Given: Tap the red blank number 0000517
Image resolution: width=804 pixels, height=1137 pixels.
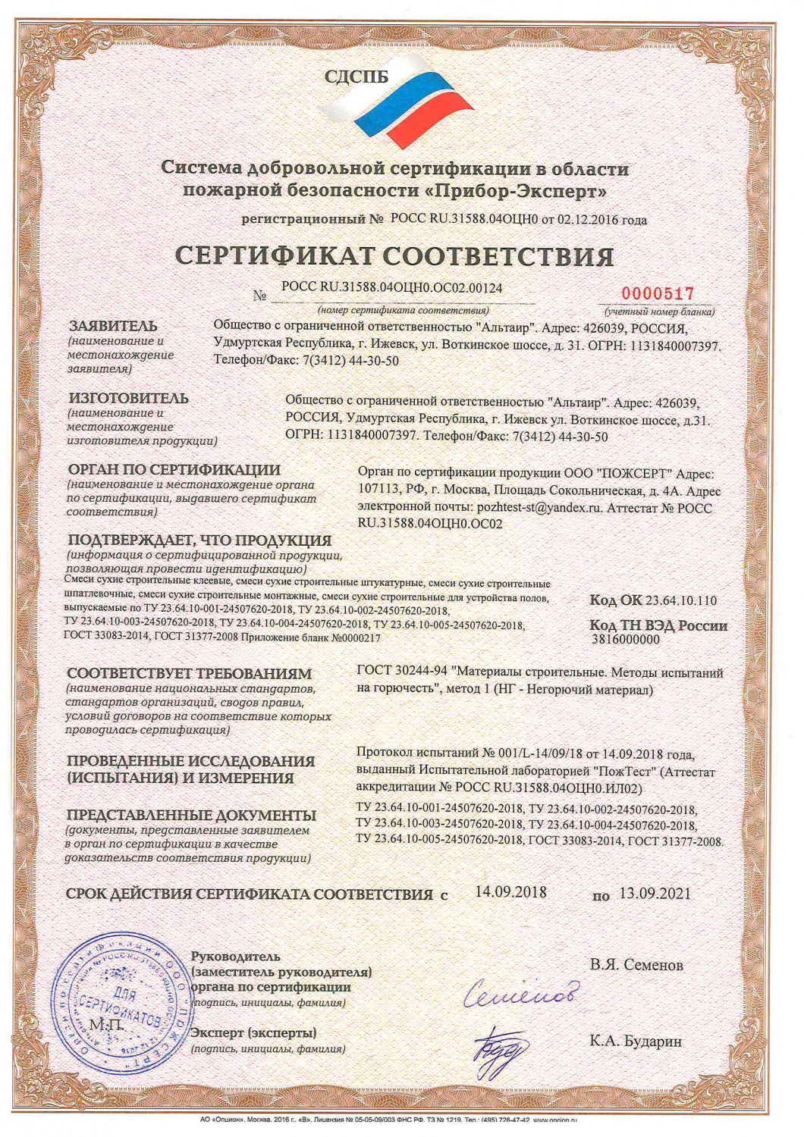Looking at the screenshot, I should (658, 293).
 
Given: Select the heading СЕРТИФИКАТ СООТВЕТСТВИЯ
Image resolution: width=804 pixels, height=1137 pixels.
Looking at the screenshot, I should (394, 256).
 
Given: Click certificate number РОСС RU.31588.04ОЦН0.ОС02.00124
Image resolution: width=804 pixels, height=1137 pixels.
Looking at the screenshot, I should (391, 288).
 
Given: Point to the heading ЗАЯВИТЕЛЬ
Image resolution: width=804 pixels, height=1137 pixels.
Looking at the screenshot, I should (114, 326).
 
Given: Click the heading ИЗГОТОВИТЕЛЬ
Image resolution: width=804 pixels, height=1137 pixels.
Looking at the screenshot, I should (128, 398).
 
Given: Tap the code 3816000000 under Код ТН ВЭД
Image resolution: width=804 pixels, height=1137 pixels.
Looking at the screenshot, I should (625, 639).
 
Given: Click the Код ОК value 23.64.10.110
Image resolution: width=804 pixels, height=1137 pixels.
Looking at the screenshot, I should (680, 600).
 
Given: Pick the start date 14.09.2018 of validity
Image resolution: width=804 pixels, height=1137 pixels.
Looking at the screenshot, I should (510, 892).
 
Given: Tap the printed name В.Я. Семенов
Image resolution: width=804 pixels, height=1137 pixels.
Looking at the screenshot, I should (636, 965).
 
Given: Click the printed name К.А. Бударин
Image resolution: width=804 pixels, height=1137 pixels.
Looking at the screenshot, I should (636, 1041).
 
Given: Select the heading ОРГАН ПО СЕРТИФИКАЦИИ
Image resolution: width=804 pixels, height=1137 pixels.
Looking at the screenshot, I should (174, 470).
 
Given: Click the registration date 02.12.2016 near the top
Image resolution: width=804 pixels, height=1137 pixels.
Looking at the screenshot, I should (588, 221).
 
